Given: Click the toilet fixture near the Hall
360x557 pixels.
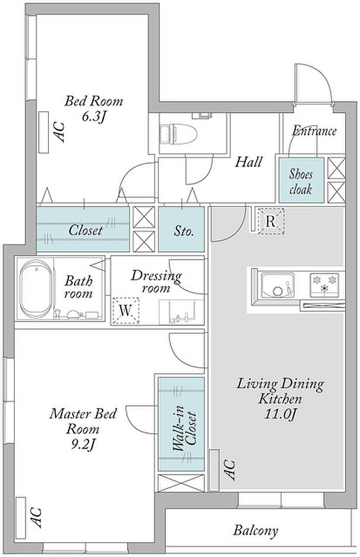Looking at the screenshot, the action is [x=179, y=134].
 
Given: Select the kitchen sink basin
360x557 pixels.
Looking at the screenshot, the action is [x=278, y=285].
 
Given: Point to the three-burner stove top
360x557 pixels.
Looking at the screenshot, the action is [x=324, y=285].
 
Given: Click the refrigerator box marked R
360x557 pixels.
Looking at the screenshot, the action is [x=271, y=221].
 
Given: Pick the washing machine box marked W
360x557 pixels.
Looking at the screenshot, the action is [x=125, y=310].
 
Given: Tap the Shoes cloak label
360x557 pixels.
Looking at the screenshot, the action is [x=301, y=181].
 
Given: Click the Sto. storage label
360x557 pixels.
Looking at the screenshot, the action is [x=184, y=231].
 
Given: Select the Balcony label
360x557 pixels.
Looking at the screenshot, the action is [x=256, y=531].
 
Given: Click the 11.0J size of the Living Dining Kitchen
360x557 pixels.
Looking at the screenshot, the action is [x=280, y=414].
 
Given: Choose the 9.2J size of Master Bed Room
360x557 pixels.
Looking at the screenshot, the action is [x=83, y=444].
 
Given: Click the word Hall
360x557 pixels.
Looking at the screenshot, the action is [x=249, y=162].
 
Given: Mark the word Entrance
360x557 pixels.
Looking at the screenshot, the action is [x=314, y=131].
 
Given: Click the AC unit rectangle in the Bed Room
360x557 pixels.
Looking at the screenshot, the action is [x=43, y=132].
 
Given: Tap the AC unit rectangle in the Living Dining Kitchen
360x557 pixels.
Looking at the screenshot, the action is [x=214, y=470].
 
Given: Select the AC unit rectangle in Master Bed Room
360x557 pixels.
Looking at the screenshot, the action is [x=21, y=517].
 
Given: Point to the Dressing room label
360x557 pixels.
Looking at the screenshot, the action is [x=156, y=282].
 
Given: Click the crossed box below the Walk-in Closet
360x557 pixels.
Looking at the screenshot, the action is [x=181, y=483].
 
